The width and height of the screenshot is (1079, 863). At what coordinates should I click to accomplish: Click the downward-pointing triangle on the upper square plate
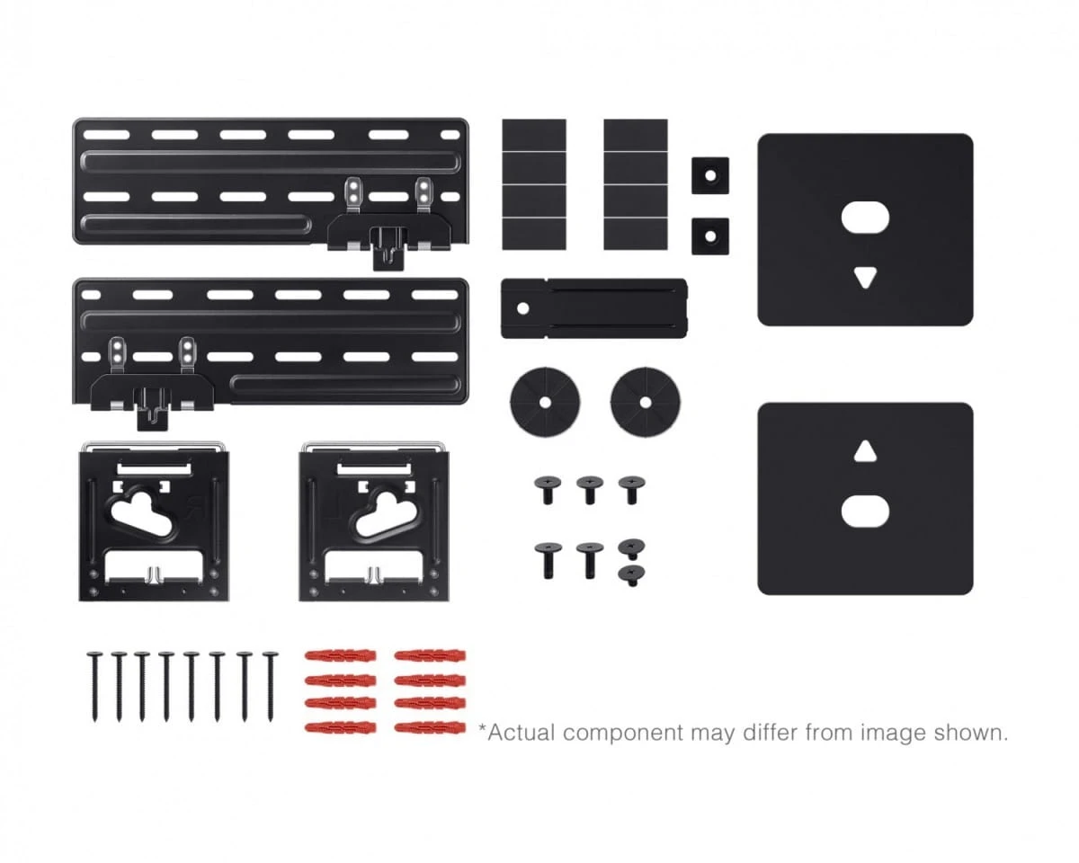point(865,276)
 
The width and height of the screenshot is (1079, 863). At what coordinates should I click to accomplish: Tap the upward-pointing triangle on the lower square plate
point(865,452)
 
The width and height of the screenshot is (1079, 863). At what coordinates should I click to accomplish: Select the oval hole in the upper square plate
point(865,218)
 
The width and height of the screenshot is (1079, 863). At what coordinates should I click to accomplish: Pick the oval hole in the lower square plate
point(865,512)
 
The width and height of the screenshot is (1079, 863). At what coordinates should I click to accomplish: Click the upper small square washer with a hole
point(710,175)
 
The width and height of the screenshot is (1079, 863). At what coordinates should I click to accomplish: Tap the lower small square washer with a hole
point(710,236)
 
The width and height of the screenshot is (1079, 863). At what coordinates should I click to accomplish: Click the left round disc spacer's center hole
point(545,402)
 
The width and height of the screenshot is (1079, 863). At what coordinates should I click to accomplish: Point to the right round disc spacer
point(646,402)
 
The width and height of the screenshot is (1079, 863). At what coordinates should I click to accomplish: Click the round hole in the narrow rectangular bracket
point(522,308)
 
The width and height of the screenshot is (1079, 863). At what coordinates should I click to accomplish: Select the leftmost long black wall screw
point(94,687)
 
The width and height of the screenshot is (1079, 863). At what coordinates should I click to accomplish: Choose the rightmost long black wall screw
point(271,687)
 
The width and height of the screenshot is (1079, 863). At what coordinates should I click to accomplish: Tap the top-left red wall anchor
point(340,656)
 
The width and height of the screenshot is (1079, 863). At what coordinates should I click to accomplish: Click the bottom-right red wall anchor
point(430,727)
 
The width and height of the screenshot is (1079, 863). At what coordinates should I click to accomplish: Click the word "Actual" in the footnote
point(522,733)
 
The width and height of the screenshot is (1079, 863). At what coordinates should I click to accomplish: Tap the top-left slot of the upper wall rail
point(106,134)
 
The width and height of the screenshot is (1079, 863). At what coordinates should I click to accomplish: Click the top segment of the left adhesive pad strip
point(534,135)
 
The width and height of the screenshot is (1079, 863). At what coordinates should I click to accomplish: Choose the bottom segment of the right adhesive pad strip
point(636,234)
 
